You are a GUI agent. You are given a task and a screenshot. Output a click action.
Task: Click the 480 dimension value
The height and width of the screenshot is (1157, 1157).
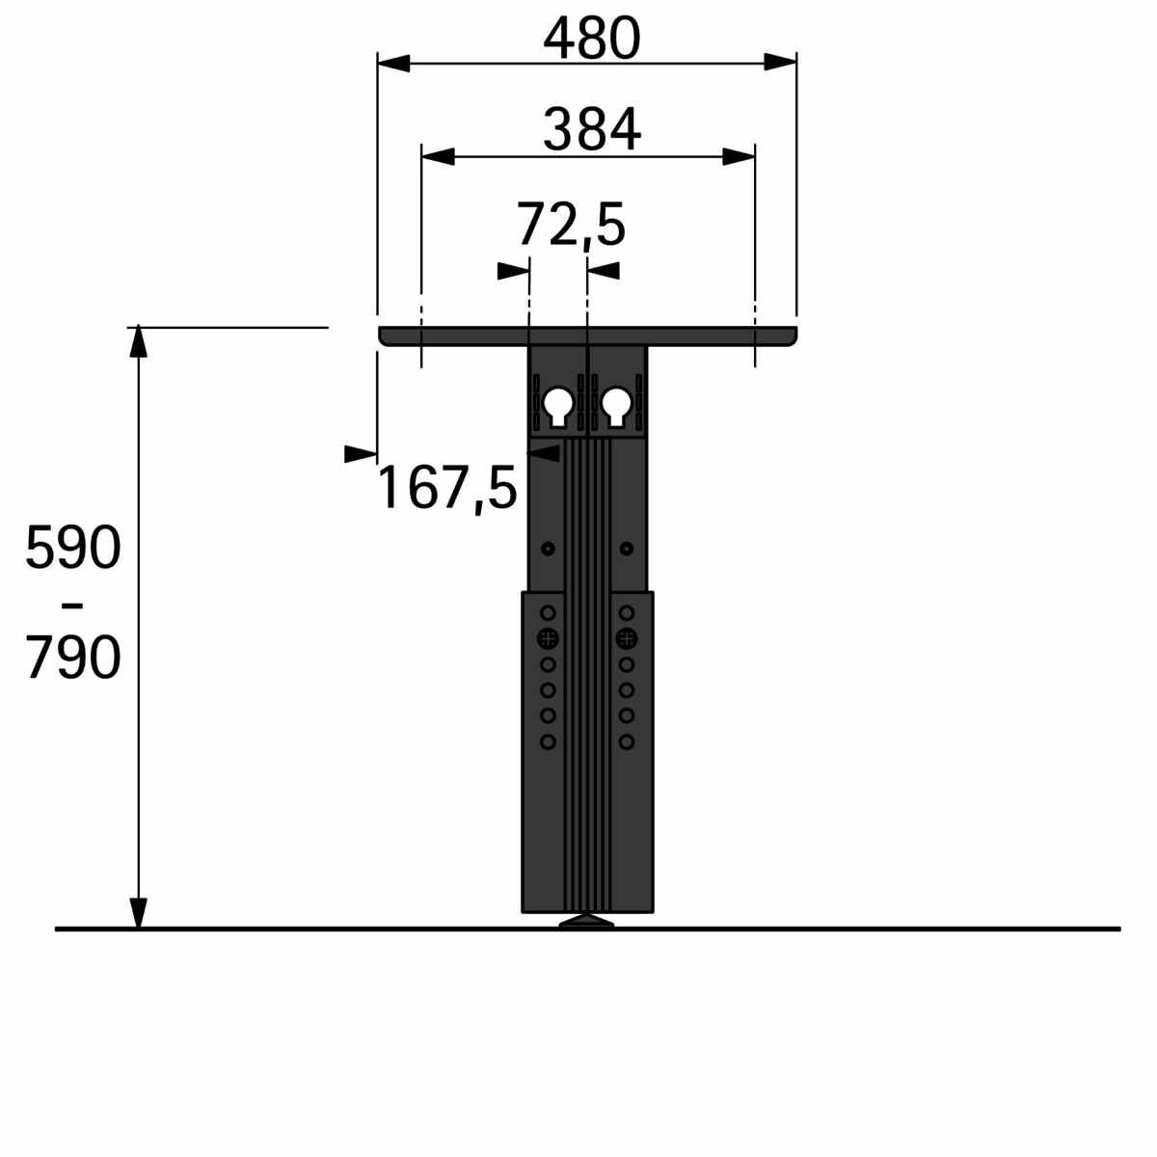(591, 39)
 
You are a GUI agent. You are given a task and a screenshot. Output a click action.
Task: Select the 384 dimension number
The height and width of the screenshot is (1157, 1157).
(592, 130)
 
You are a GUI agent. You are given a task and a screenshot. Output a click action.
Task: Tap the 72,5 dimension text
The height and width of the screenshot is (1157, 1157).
(571, 226)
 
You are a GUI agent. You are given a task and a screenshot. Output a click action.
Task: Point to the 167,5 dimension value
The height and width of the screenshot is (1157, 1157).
(447, 489)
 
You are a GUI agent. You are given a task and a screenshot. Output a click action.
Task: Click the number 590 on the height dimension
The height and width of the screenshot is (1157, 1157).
(73, 548)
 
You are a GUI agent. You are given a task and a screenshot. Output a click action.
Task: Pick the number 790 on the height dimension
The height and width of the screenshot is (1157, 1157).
(73, 658)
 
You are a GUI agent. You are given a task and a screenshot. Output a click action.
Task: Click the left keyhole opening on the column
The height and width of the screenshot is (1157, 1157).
(558, 406)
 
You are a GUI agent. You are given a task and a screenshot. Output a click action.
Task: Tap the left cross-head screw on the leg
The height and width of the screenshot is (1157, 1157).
(548, 638)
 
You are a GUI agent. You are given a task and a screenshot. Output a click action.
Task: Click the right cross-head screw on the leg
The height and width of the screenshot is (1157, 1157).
(627, 638)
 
